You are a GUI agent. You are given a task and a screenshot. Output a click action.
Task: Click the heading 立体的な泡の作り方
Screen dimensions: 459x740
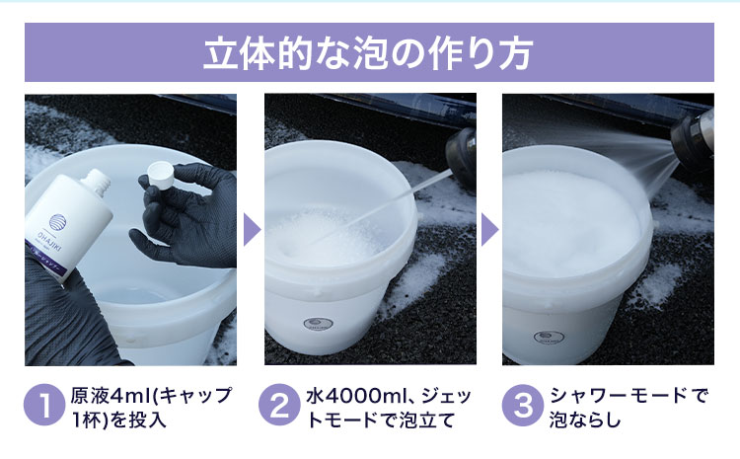coord(369,53)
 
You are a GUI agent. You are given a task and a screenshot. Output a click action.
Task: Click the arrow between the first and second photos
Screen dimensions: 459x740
coord(251,229)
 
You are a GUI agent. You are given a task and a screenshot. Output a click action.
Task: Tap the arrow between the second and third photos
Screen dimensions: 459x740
coord(489,229)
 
